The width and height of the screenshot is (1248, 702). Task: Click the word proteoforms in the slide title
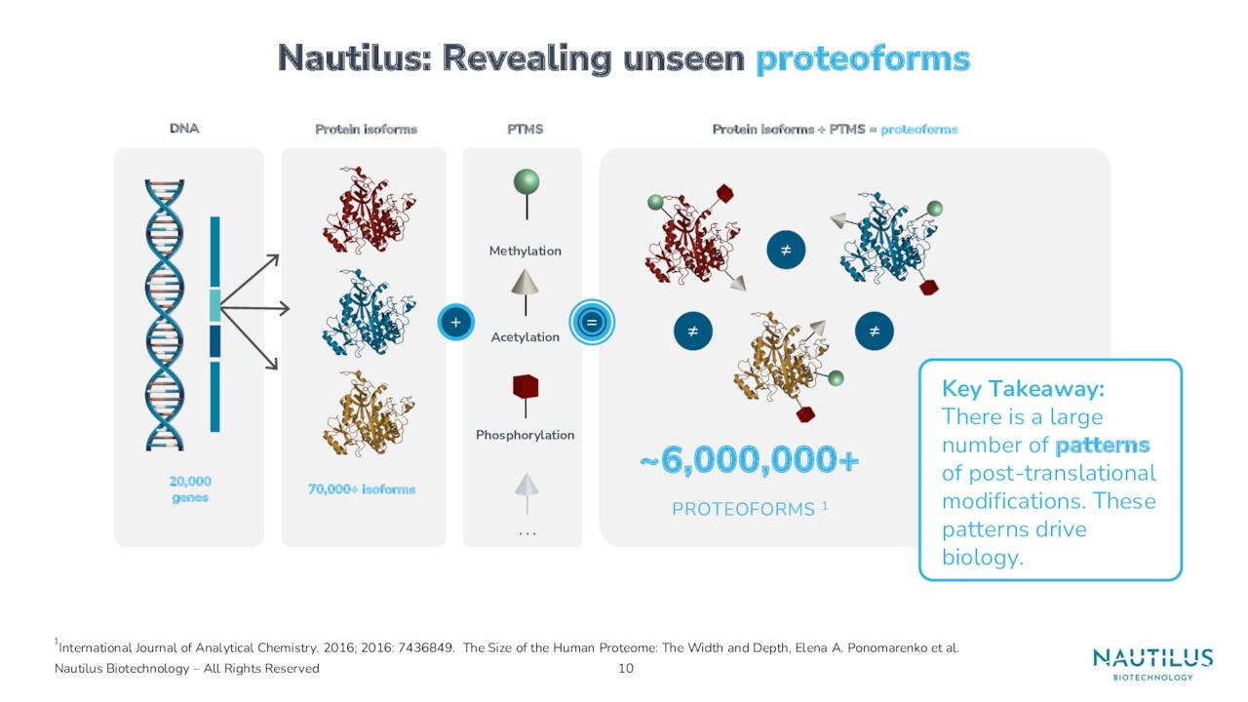click(x=863, y=58)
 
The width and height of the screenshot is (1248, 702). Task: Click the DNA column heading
click(x=184, y=129)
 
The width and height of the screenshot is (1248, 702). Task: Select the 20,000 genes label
click(x=189, y=488)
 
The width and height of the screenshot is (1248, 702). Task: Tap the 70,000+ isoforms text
click(x=362, y=488)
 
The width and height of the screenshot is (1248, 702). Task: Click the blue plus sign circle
click(x=455, y=322)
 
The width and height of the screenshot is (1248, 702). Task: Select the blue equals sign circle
click(x=590, y=322)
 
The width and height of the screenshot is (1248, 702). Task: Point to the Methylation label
click(x=526, y=251)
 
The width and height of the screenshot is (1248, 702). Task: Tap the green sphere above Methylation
click(x=526, y=182)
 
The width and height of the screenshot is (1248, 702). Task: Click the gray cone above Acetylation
click(x=526, y=282)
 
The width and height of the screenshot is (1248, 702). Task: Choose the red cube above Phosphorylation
click(x=526, y=387)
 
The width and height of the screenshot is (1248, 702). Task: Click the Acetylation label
click(x=526, y=337)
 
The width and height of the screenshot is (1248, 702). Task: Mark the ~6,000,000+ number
click(x=750, y=461)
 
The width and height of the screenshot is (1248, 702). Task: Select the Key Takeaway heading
click(x=1023, y=388)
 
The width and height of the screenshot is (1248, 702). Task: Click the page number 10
click(x=626, y=668)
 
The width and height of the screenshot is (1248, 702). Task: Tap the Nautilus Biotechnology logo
click(x=1152, y=663)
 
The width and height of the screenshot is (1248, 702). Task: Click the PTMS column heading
click(x=526, y=129)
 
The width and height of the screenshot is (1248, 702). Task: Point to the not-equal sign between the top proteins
click(x=785, y=251)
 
